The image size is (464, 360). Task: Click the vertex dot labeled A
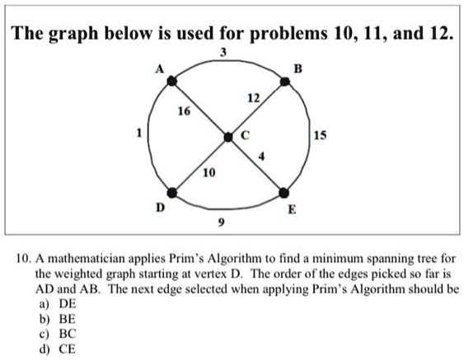(x=172, y=81)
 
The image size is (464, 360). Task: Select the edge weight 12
(x=259, y=101)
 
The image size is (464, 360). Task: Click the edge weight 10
(x=209, y=172)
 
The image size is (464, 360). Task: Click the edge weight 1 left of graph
(x=141, y=132)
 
